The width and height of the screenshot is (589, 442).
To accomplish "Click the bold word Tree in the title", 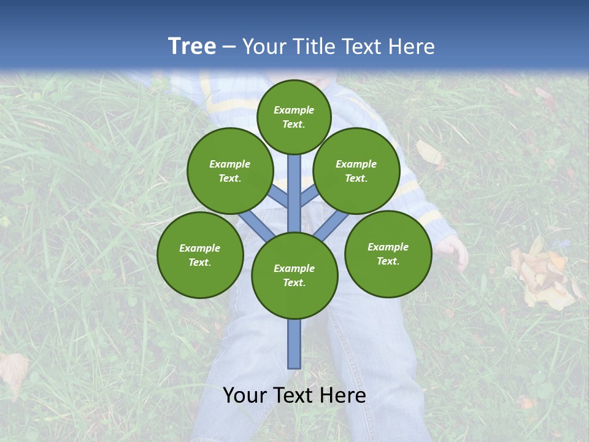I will point(192,46).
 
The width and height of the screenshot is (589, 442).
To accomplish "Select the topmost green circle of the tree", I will point(294,117).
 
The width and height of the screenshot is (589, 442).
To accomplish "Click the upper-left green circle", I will point(230,171).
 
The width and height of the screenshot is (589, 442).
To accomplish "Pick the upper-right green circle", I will point(356,171).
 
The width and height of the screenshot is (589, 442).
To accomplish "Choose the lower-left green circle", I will point(200,255).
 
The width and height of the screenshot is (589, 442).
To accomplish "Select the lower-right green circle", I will point(388,254).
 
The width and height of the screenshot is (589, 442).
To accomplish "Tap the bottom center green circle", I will point(294,276).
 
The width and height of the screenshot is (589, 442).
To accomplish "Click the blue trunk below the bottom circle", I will point(294,344).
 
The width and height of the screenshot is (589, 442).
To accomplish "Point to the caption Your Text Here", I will point(294,395).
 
